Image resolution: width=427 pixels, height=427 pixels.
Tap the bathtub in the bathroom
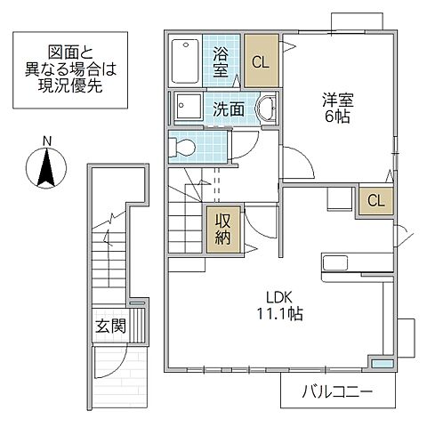pyautogui.click(x=185, y=60)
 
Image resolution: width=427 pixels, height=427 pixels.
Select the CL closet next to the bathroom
pyautogui.click(x=261, y=61)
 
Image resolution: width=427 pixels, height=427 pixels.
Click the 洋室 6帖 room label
pyautogui.click(x=333, y=109)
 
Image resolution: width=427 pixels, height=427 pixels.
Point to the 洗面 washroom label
pyautogui.click(x=230, y=109)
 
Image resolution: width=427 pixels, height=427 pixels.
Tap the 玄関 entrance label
pyautogui.click(x=111, y=326)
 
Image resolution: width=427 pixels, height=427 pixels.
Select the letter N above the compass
pyautogui.click(x=47, y=140)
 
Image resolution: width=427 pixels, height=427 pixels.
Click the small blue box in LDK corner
pyautogui.click(x=381, y=363)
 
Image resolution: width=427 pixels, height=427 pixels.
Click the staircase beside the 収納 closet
pyautogui.click(x=187, y=218)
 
